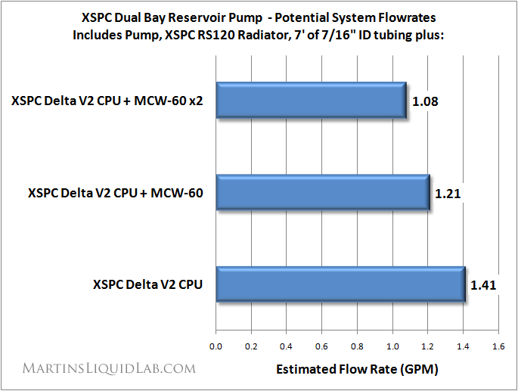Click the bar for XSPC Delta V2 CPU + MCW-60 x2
[311, 100]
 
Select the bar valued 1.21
[323, 193]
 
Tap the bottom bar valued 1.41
[340, 285]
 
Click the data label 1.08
[424, 101]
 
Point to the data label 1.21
[448, 193]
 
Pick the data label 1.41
[483, 285]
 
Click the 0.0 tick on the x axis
[216, 346]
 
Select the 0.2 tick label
[252, 346]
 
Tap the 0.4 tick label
[287, 346]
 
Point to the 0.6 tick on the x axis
[322, 346]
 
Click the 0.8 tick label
[358, 346]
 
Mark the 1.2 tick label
[428, 346]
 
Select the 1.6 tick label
[498, 346]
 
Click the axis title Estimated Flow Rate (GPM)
[357, 370]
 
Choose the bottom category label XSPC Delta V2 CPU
[149, 285]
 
